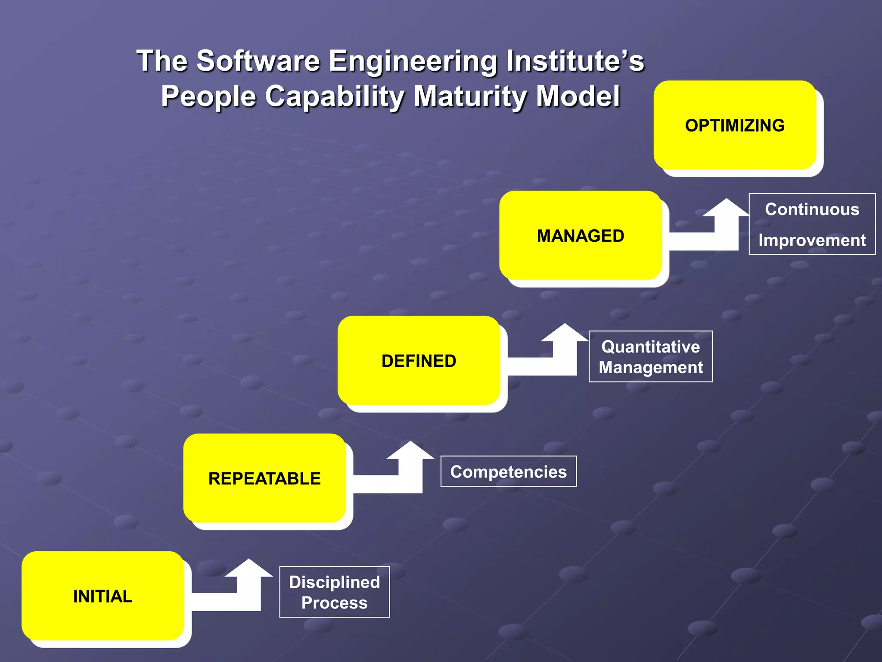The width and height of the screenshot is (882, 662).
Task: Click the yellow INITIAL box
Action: click(102, 596)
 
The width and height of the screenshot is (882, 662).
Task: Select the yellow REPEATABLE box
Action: click(264, 478)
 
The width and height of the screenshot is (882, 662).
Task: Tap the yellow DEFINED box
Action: click(419, 361)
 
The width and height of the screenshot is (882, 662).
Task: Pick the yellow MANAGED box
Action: click(580, 236)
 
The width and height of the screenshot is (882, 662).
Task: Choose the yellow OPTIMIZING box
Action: click(735, 125)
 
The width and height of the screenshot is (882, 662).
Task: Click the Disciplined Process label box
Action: click(335, 592)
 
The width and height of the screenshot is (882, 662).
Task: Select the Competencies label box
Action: click(509, 472)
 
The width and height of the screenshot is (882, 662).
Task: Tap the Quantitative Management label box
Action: click(651, 357)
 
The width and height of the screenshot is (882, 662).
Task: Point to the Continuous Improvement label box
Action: click(812, 225)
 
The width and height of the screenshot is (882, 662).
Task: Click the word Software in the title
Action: click(258, 61)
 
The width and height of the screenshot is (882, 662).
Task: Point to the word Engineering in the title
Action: click(413, 62)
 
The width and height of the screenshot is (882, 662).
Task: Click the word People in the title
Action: click(208, 97)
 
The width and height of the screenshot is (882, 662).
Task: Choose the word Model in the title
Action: click(578, 96)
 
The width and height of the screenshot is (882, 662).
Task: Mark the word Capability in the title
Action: click(335, 97)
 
